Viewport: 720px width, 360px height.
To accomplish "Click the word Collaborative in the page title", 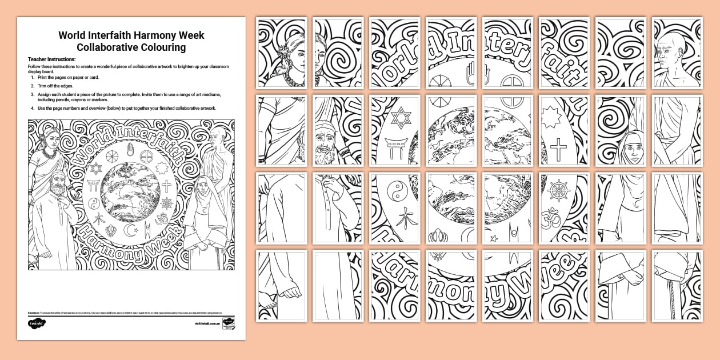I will pos(103,47).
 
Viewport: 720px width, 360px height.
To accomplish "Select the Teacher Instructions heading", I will pos(52,59).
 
